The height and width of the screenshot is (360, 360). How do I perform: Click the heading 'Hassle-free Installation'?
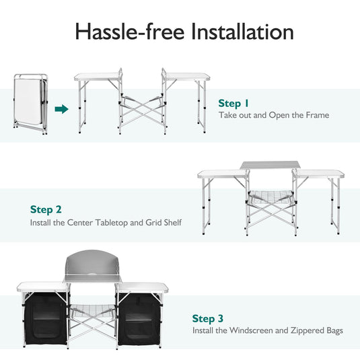(184, 32)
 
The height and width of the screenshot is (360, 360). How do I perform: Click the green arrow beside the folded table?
(61, 108)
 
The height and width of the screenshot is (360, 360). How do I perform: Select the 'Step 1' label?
(233, 103)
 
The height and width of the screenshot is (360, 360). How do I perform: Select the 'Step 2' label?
(46, 210)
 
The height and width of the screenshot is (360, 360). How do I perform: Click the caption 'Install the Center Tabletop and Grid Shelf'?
(106, 222)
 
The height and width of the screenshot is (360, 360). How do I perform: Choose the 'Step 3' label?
(208, 318)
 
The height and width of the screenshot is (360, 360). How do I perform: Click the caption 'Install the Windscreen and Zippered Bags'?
(267, 330)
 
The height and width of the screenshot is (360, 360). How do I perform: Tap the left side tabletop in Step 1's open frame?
(98, 78)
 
